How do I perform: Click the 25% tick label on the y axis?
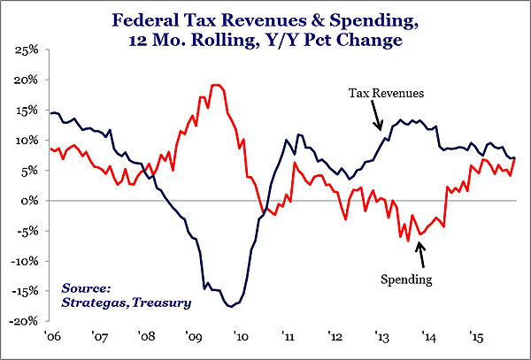[x=25, y=50]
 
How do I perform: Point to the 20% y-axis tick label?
[x=25, y=80]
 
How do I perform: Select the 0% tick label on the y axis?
[x=28, y=201]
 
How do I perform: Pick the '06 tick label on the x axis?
[x=50, y=336]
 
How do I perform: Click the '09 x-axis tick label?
[x=193, y=336]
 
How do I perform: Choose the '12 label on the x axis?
[x=335, y=336]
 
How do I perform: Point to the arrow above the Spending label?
[x=420, y=254]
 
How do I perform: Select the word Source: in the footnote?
[x=86, y=288]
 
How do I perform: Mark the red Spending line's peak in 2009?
[x=216, y=85]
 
